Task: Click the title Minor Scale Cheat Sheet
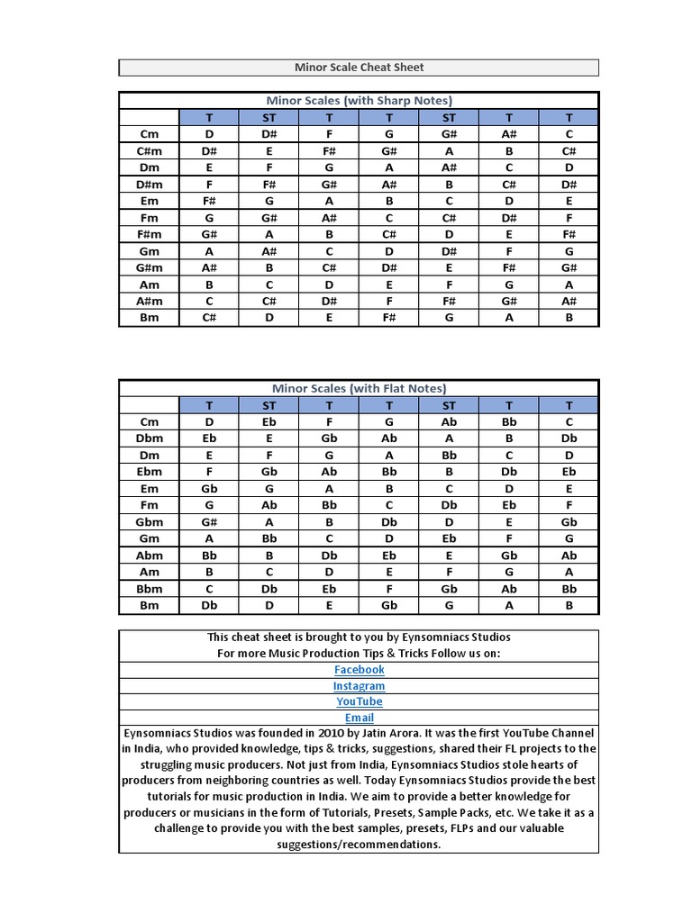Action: click(359, 68)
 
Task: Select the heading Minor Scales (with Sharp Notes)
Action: click(359, 101)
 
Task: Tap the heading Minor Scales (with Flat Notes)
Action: click(359, 389)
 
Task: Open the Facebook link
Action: click(359, 670)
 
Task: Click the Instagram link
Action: click(359, 686)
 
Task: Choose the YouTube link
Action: click(359, 701)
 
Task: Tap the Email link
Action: click(359, 718)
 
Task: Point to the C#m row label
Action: click(150, 151)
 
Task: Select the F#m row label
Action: click(150, 235)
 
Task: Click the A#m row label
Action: click(150, 302)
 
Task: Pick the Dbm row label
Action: click(150, 439)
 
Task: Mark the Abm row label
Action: click(150, 556)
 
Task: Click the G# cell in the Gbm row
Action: click(209, 522)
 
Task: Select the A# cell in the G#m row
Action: click(209, 268)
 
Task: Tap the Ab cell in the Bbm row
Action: click(509, 589)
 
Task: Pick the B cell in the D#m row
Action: click(449, 185)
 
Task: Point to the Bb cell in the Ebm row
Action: click(389, 473)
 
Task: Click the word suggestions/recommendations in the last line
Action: click(359, 845)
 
